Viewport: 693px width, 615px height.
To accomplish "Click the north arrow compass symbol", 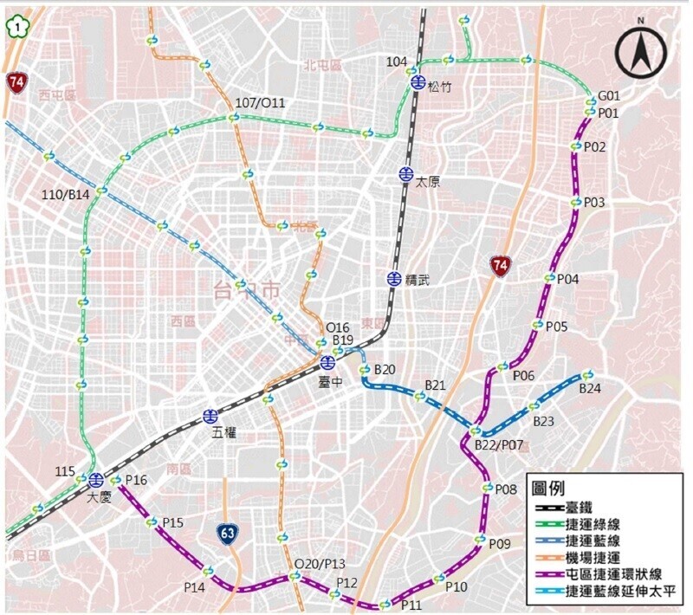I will click(x=642, y=52).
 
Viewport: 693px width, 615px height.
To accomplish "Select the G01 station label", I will click(x=610, y=96).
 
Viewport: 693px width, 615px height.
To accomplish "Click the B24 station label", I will click(x=590, y=389).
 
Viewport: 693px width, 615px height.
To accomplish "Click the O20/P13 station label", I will click(x=320, y=563).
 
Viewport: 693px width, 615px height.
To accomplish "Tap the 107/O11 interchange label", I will click(x=259, y=103).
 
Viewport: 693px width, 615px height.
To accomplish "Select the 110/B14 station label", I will click(x=66, y=196).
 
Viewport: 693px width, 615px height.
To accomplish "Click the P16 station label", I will click(x=137, y=480).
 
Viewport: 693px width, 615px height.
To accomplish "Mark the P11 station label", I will click(x=411, y=605).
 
